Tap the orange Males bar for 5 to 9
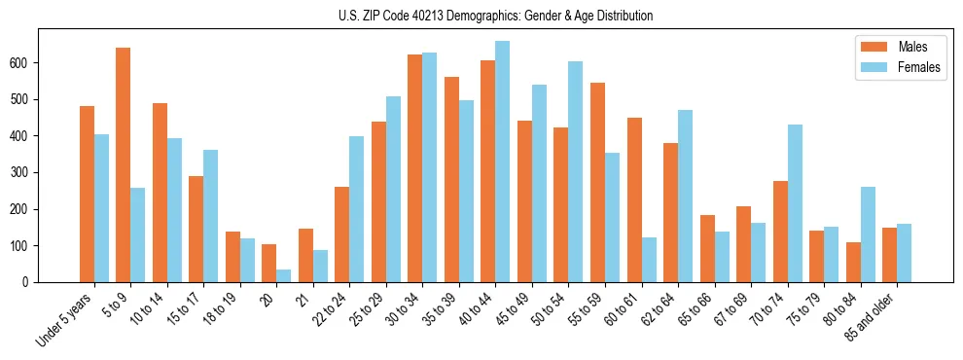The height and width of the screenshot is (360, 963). click(x=124, y=165)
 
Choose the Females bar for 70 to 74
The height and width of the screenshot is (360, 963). click(x=795, y=203)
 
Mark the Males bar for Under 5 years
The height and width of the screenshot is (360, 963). click(x=87, y=194)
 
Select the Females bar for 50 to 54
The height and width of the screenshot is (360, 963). click(x=576, y=171)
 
